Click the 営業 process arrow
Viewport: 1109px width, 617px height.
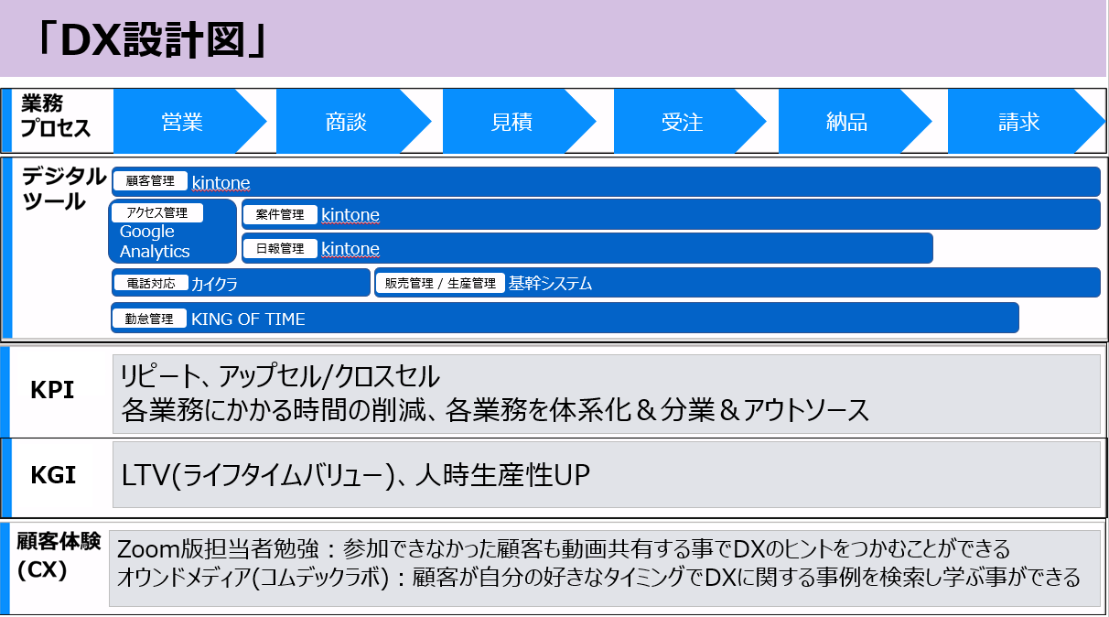point(183,122)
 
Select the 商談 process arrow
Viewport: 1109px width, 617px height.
point(347,122)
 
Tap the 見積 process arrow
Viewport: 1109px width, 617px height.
point(512,122)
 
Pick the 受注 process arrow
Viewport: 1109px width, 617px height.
point(684,122)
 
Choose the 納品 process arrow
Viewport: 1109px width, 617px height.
point(847,122)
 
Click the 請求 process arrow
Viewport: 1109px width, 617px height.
point(1020,122)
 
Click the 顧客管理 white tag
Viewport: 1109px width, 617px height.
point(150,180)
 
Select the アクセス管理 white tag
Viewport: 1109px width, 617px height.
point(157,213)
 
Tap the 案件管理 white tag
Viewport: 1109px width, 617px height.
point(280,214)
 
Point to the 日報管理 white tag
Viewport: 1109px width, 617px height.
point(280,248)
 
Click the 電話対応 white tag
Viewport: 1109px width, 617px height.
point(151,283)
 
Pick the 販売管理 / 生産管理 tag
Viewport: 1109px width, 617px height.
point(440,283)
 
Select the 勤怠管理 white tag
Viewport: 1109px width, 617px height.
point(149,319)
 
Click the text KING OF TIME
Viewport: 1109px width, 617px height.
point(248,319)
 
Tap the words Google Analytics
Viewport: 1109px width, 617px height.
point(155,242)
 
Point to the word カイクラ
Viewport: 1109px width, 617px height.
point(214,284)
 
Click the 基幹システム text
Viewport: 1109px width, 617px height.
point(550,283)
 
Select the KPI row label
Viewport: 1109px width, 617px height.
point(52,390)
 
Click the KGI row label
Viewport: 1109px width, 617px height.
point(53,475)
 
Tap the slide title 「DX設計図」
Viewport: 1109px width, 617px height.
point(152,40)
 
